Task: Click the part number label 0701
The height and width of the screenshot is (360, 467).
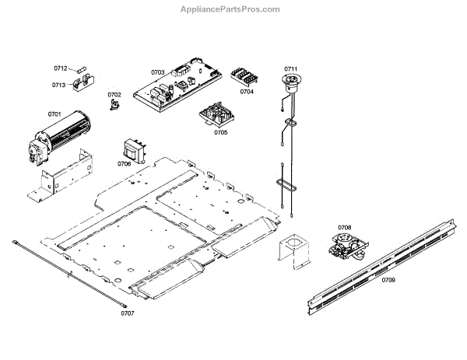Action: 54,114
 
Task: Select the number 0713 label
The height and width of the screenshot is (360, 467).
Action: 59,86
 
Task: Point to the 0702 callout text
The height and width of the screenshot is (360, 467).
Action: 114,94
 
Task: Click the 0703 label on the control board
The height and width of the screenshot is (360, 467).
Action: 158,73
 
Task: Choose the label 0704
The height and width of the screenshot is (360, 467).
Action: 247,92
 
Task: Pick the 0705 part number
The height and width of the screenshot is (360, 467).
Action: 220,132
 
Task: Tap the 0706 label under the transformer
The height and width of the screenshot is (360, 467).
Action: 125,164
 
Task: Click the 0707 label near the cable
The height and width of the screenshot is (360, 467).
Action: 128,313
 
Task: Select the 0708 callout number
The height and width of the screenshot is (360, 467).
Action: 344,228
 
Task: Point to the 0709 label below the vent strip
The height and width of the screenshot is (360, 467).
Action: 388,280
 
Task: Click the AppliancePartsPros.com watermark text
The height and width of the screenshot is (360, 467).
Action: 233,9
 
